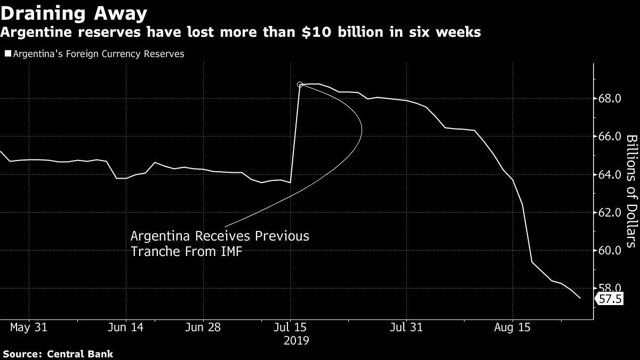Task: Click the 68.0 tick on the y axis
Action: (x=610, y=99)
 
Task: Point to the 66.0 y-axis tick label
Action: (x=610, y=137)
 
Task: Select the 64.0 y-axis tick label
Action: (x=610, y=174)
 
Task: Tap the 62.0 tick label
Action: (x=610, y=212)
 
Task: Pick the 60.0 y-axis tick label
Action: (x=610, y=250)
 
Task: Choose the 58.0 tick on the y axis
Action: (x=610, y=289)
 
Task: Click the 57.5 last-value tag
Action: (x=610, y=299)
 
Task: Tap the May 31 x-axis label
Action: (x=29, y=326)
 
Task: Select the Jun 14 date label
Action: (x=126, y=326)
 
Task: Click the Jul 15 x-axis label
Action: (x=291, y=326)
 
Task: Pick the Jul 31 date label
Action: (x=406, y=326)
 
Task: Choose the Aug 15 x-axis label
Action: (x=512, y=326)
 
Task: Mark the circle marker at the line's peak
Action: (x=300, y=84)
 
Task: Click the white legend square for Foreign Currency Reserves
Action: (x=7, y=54)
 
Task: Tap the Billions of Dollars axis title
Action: (x=631, y=190)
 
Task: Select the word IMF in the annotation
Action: (x=230, y=251)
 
